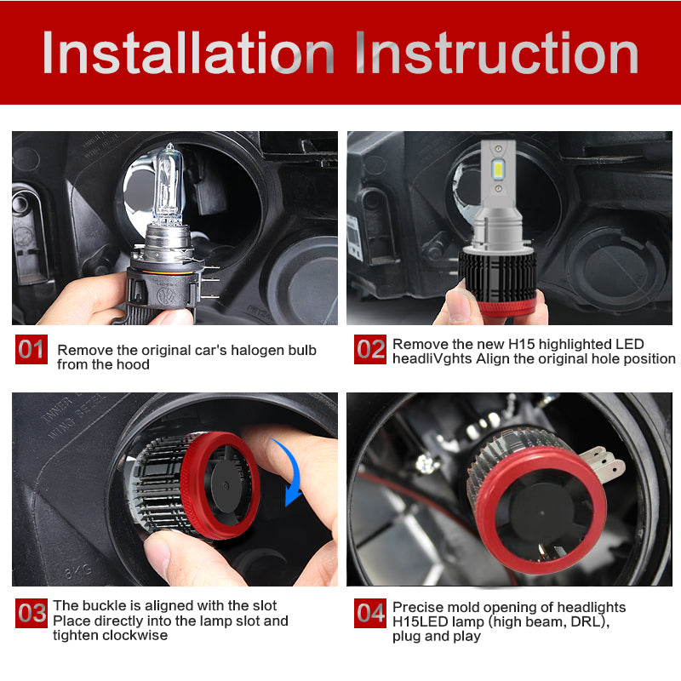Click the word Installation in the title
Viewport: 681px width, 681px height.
188,53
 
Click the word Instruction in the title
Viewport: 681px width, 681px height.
496,53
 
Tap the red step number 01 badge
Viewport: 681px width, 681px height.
31,349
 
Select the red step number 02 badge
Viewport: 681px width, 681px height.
370,349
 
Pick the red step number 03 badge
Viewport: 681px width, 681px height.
31,612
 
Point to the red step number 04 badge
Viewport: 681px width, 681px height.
370,612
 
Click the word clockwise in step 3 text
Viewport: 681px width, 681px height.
135,635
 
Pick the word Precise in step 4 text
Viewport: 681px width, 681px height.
416,607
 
